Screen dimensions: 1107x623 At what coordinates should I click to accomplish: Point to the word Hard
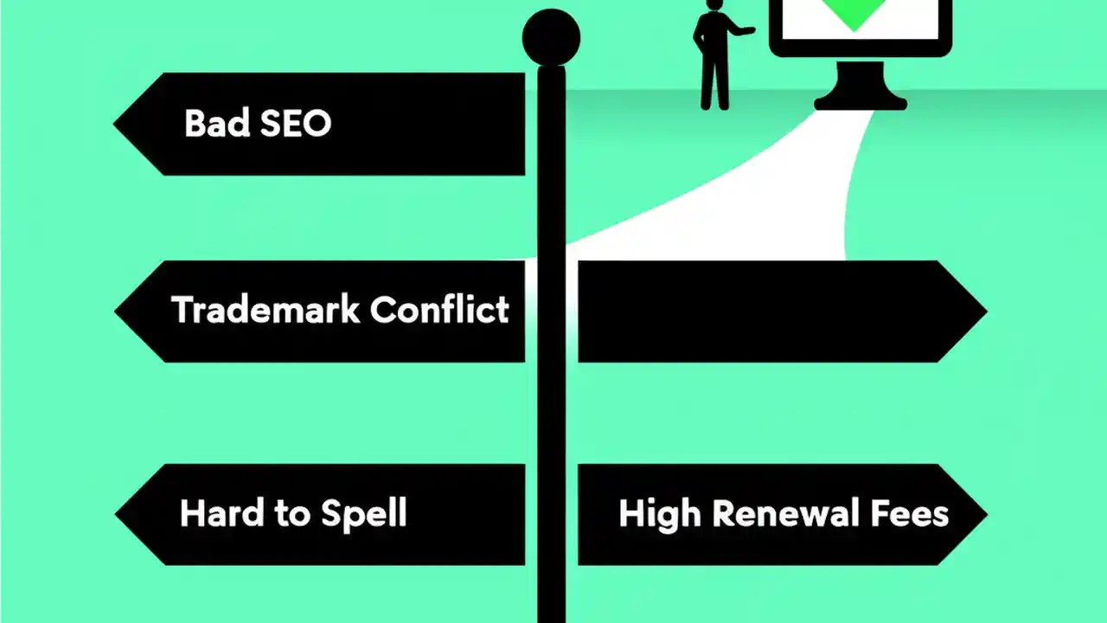point(214,513)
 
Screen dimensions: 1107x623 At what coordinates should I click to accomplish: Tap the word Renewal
point(778,514)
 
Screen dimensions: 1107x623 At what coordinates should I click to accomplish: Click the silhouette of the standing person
point(713,61)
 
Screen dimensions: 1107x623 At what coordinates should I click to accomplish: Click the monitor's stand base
point(861,101)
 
